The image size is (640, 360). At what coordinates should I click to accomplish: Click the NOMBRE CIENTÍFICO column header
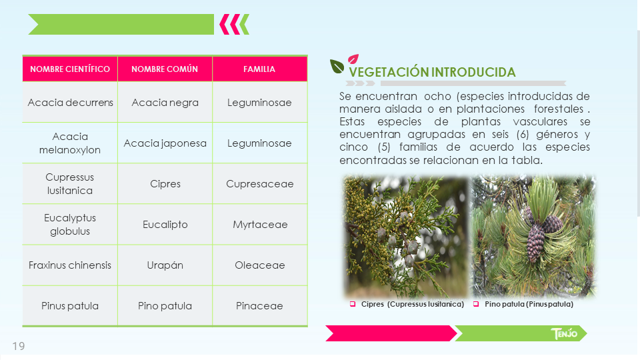tap(70, 69)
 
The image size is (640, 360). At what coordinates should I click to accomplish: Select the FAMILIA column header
tap(259, 69)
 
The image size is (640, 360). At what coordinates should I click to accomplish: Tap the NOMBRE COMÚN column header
tap(165, 69)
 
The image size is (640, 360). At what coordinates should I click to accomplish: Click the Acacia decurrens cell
tap(70, 102)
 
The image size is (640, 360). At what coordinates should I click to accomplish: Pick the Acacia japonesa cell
tap(165, 143)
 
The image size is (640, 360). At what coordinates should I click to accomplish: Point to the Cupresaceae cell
tap(259, 184)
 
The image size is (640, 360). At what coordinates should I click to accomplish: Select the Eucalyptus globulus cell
tap(70, 225)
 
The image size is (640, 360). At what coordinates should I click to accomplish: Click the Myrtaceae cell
tap(259, 225)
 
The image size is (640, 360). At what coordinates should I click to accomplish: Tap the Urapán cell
tap(165, 265)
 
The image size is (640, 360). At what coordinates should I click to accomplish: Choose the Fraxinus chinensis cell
tap(70, 265)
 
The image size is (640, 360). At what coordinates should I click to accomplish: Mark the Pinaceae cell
tap(259, 306)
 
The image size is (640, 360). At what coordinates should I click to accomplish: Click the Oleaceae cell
tap(259, 265)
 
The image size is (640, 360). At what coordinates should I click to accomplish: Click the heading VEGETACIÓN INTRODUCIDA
tap(432, 72)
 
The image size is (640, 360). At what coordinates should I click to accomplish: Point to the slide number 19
tap(19, 346)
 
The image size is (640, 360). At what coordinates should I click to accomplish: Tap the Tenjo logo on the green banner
tap(564, 333)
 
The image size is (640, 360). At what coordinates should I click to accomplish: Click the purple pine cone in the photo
tap(536, 243)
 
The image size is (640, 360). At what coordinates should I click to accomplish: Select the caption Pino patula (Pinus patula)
tap(529, 304)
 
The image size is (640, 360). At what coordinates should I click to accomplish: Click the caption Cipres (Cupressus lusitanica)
tap(413, 304)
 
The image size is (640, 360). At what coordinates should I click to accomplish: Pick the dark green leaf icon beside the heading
tap(337, 67)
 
